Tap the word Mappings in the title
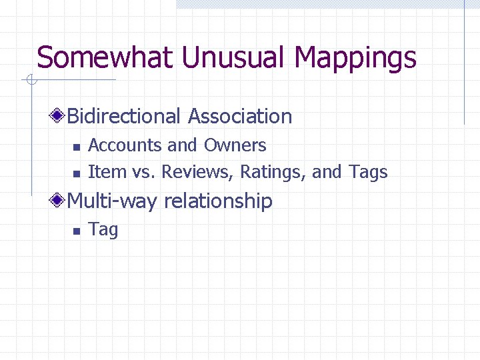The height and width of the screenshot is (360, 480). tap(355, 59)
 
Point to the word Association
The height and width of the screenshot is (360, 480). tap(240, 116)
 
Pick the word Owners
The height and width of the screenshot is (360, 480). tap(235, 145)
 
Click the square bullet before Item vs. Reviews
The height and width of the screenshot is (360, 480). tap(76, 173)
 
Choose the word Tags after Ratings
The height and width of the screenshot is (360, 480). tap(368, 173)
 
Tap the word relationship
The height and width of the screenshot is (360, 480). tap(218, 201)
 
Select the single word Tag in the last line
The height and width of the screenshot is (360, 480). tap(103, 230)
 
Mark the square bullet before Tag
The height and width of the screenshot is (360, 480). tap(76, 231)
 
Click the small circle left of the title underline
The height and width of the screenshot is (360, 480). tap(31, 81)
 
